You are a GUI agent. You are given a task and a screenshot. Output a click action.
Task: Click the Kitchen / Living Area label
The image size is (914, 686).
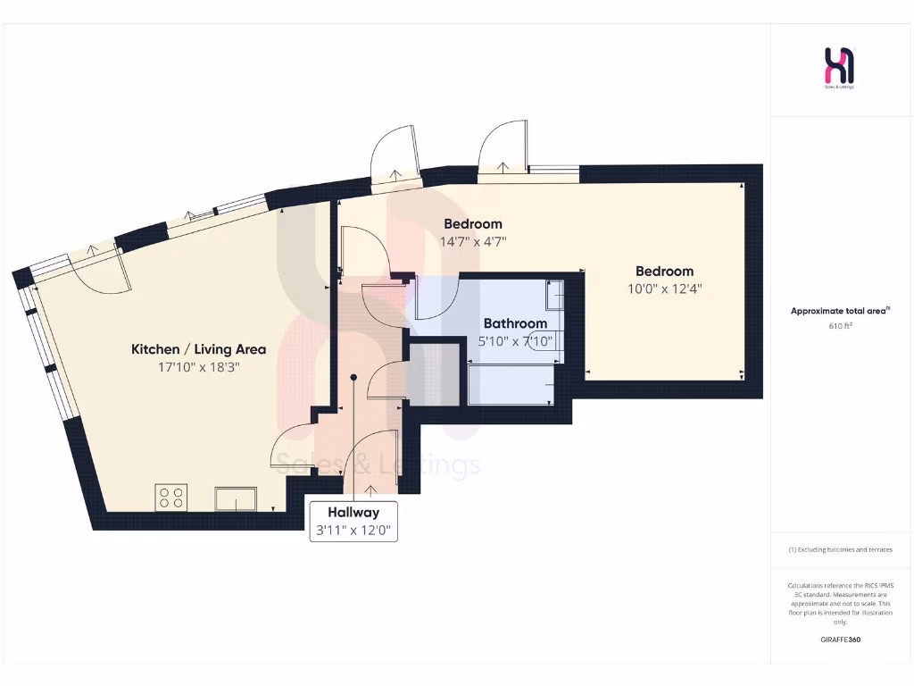(x=187, y=349)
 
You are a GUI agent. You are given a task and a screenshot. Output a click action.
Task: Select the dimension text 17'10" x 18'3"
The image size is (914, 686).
(x=187, y=366)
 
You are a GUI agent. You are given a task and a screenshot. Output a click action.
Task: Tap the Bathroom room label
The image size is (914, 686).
(x=515, y=323)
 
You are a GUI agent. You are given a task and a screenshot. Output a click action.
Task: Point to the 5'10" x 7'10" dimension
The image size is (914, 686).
(x=515, y=340)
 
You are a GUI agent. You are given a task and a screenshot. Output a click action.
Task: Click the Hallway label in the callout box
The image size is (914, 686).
(x=353, y=513)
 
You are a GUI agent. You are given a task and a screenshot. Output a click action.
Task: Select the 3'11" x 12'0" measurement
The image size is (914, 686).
(x=353, y=531)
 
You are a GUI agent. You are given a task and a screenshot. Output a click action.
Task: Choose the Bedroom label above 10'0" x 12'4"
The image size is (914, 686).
(x=664, y=272)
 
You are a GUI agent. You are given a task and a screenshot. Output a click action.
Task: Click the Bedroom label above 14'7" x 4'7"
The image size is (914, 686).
(x=473, y=224)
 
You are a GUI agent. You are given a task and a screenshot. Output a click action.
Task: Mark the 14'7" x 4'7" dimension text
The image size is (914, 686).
(x=473, y=241)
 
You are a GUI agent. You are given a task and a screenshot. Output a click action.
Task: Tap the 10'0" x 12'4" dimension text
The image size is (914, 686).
(x=664, y=289)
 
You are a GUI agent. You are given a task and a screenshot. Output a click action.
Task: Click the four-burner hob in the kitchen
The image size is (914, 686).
(x=171, y=497)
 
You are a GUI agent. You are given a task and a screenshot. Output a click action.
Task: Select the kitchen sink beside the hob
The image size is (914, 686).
(x=236, y=498)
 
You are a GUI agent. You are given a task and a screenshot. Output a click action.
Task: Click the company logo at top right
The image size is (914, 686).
(x=840, y=69)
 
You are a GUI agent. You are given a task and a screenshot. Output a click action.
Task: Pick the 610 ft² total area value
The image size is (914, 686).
(x=840, y=326)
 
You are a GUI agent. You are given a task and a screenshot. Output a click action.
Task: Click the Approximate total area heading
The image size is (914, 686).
(x=840, y=311)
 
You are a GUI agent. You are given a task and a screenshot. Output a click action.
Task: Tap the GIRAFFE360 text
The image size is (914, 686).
(x=840, y=640)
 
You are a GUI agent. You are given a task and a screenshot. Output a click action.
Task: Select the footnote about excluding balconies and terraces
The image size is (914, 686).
(x=840, y=549)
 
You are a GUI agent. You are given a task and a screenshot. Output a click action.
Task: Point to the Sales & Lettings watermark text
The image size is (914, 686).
(x=377, y=465)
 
